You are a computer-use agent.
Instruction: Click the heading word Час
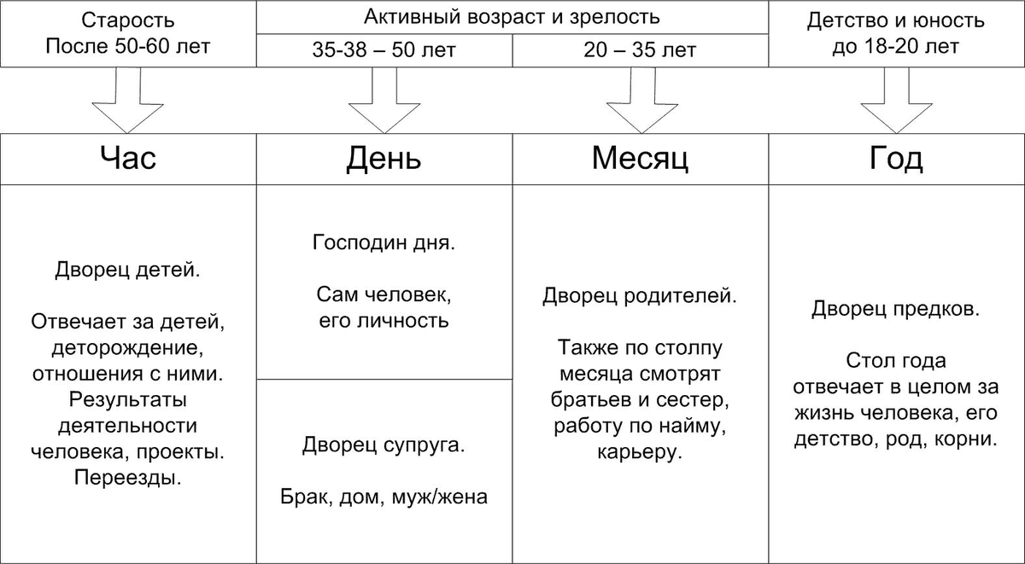pyautogui.click(x=128, y=159)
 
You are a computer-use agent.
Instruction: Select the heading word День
pyautogui.click(x=384, y=159)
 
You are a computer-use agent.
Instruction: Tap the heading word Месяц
pyautogui.click(x=640, y=159)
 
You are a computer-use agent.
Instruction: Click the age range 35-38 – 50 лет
pyautogui.click(x=384, y=50)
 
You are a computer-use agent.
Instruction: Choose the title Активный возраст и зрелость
pyautogui.click(x=512, y=17)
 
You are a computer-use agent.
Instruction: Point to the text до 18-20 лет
pyautogui.click(x=895, y=46)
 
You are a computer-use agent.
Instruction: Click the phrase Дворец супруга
pyautogui.click(x=384, y=445)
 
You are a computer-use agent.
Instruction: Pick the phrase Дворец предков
pyautogui.click(x=895, y=307)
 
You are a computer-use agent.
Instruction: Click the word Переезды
pyautogui.click(x=128, y=477)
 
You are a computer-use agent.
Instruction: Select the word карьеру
pyautogui.click(x=640, y=451)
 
